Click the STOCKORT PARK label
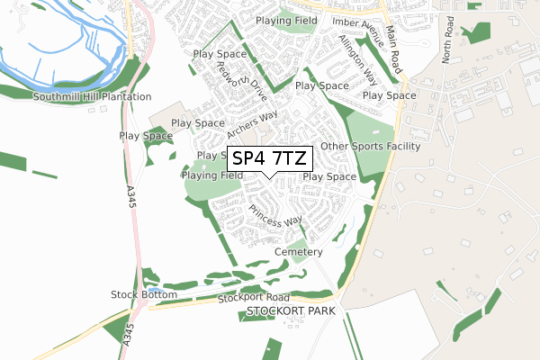pos(290,310)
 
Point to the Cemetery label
pos(299,252)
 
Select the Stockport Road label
pos(253,297)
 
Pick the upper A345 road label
pos(130,199)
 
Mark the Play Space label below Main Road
pos(389,95)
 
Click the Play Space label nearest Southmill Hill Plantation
pos(146,136)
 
